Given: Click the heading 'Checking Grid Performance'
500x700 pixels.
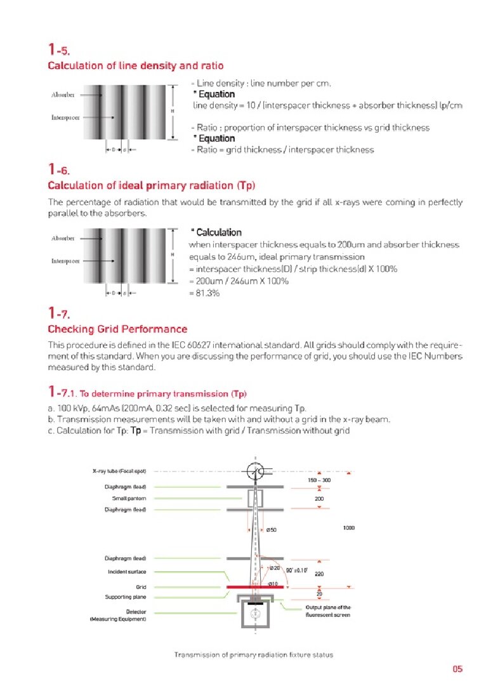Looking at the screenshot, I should (117, 329).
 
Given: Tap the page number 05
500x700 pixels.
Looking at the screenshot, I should (457, 668).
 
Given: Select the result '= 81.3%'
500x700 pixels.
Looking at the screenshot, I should (205, 293).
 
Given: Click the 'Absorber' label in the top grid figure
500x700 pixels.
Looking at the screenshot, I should (63, 95).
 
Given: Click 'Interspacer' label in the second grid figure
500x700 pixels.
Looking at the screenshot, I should (65, 261).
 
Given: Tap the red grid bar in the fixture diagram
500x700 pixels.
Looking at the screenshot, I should (254, 587).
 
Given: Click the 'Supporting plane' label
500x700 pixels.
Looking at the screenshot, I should (126, 597).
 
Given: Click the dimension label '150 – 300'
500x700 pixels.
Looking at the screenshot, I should (319, 480).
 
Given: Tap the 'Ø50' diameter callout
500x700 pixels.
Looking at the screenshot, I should (272, 530).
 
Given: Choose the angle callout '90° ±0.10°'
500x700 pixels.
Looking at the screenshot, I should (297, 570).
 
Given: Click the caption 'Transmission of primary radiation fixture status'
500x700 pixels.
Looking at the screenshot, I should (253, 654).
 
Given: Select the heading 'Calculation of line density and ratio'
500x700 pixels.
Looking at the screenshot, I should (136, 65).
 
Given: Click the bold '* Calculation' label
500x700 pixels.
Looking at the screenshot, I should (216, 232).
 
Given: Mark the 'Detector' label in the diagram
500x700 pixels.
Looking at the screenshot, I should (136, 612).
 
